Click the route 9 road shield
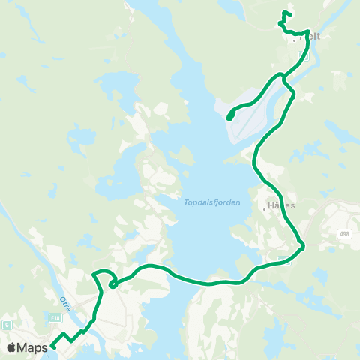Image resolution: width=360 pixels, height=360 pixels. (x=6, y=325)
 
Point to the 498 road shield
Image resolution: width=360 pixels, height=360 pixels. (x=343, y=233)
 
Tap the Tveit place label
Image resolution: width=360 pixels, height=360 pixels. (x=310, y=36)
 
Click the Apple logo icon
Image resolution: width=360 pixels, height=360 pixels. (x=12, y=348)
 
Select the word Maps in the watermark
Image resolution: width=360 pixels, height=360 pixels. (x=34, y=348)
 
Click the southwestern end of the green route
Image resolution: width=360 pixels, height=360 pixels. (x=53, y=347)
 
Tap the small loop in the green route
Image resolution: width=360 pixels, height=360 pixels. (x=112, y=283)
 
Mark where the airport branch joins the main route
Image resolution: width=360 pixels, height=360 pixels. (x=282, y=76)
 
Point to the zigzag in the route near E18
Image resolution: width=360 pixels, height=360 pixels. (x=71, y=335)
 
